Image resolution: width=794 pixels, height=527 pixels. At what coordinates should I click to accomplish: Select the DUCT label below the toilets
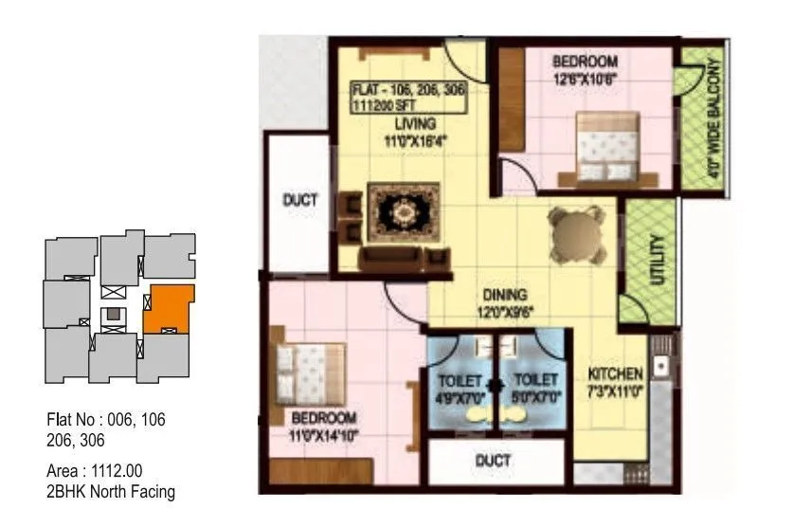[493, 461]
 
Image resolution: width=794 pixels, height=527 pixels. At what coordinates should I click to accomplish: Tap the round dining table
[576, 231]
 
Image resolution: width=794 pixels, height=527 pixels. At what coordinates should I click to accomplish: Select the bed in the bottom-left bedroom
[308, 368]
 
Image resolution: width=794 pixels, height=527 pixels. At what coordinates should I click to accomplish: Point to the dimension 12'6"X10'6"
[585, 80]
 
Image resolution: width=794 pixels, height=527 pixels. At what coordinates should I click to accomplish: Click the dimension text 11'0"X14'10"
[324, 436]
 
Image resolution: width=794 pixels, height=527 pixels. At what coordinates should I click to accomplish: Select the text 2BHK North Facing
[111, 491]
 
